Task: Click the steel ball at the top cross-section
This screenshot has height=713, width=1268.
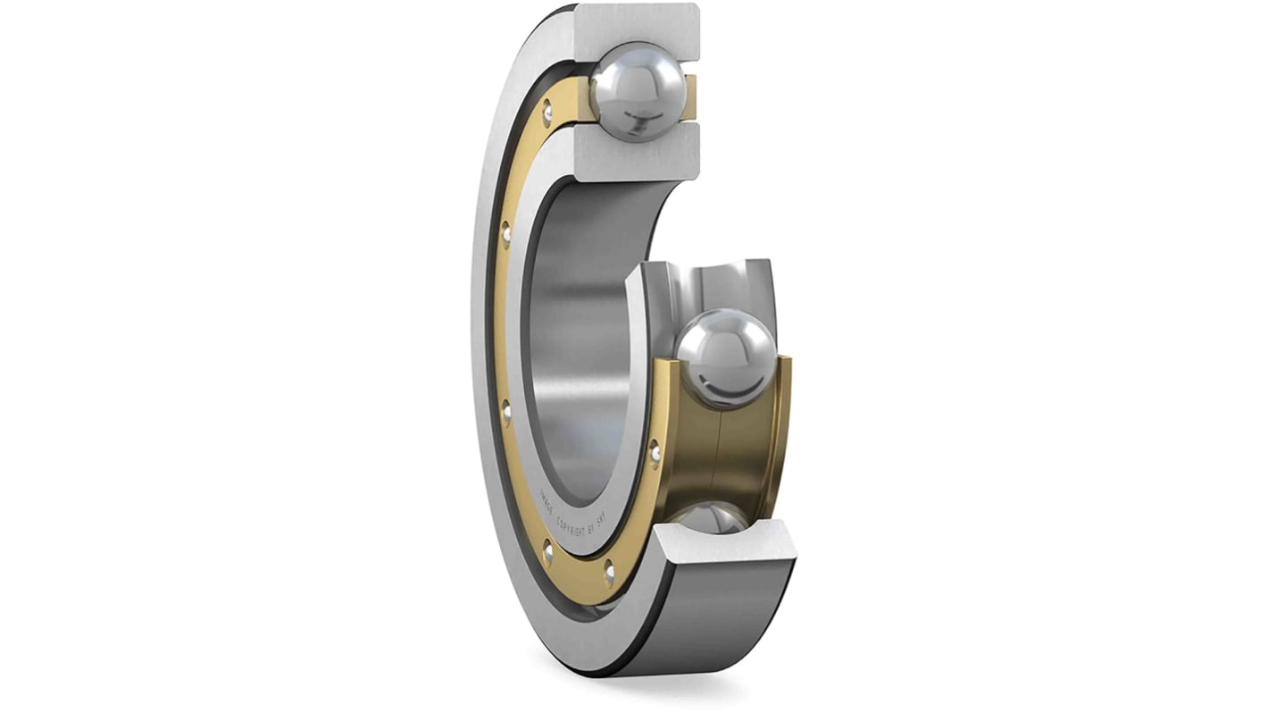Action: [638, 92]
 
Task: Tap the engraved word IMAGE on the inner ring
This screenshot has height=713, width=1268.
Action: [545, 497]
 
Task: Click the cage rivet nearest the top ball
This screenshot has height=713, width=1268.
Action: [546, 113]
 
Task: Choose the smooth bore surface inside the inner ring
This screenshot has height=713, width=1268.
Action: [580, 348]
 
